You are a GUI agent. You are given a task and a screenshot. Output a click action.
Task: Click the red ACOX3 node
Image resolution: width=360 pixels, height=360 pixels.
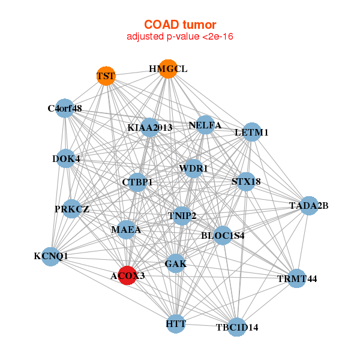(x=127, y=275)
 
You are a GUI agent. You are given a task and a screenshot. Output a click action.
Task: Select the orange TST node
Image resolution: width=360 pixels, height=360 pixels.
(x=106, y=76)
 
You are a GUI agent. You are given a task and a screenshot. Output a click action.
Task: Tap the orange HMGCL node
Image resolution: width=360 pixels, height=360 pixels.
(x=168, y=69)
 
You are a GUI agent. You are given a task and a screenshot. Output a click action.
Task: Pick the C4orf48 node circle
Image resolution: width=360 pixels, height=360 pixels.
(x=64, y=109)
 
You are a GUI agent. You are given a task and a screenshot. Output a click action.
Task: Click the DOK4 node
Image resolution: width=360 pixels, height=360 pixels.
(x=66, y=159)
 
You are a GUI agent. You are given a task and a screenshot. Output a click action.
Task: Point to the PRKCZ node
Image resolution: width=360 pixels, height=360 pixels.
(x=71, y=209)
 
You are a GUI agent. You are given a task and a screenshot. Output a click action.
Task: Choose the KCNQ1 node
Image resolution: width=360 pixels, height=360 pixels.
(x=52, y=256)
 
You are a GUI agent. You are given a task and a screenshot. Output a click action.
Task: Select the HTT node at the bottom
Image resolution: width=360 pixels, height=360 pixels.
(x=176, y=324)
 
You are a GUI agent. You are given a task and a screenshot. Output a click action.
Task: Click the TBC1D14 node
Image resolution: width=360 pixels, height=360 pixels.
(x=237, y=327)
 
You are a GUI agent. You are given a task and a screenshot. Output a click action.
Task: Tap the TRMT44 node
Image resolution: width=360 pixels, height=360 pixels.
(x=296, y=278)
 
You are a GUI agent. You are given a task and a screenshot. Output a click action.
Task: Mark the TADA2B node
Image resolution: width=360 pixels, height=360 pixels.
(x=308, y=206)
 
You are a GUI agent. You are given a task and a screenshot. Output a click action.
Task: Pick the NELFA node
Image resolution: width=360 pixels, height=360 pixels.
(x=205, y=125)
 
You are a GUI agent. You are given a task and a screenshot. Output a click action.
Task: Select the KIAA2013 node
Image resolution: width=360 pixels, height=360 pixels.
(x=150, y=128)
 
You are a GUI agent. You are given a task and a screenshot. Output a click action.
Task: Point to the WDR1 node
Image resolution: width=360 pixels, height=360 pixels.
(x=193, y=169)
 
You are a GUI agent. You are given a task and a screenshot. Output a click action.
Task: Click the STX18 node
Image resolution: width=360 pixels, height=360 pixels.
(x=246, y=181)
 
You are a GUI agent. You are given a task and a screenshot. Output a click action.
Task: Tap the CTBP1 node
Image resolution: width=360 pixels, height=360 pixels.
(x=137, y=182)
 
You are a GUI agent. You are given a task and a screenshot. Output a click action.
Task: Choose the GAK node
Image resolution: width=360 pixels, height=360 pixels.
(x=175, y=263)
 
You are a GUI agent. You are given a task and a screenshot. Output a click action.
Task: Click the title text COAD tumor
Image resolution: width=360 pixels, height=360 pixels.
(x=179, y=25)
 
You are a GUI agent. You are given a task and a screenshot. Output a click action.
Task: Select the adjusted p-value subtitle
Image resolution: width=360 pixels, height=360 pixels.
(x=179, y=37)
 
